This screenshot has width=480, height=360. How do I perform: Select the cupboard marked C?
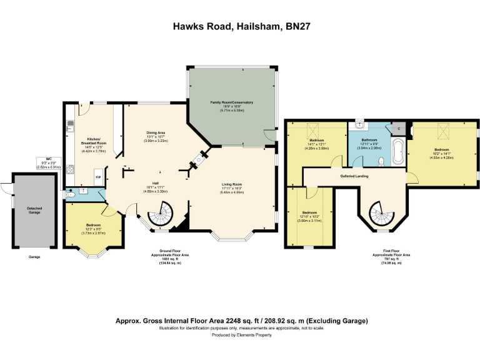point(399,129)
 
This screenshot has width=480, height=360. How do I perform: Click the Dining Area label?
point(156,132)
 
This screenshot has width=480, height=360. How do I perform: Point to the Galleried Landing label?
point(354,176)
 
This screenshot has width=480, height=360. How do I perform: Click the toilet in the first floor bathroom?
point(381,161)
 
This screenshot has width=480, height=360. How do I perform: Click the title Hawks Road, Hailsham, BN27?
point(240,27)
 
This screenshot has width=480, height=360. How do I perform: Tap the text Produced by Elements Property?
point(240,336)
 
